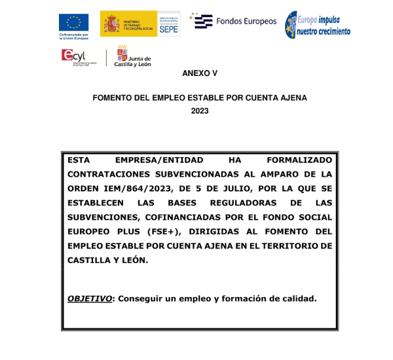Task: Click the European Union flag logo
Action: point(74,23)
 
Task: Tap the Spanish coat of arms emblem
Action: point(110,24)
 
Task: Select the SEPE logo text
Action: point(170,29)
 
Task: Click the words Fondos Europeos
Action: point(246,21)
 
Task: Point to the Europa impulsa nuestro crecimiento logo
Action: point(318,24)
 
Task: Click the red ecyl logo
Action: point(74,56)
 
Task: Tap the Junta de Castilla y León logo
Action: point(132,57)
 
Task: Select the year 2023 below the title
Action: point(199,111)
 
